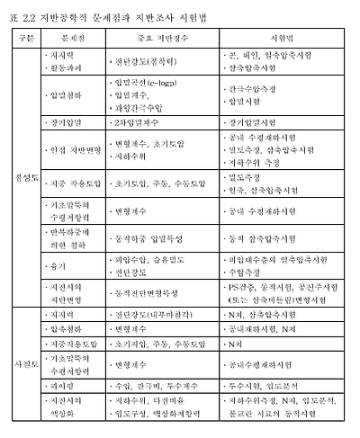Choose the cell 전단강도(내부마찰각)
[154, 315]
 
